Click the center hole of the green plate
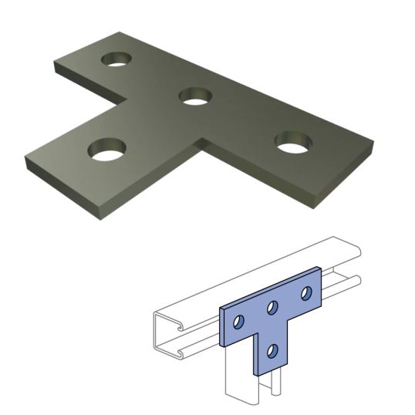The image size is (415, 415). (195, 96)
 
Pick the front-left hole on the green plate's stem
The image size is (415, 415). (108, 149)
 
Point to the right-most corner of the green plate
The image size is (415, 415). (373, 144)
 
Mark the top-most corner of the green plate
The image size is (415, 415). (122, 32)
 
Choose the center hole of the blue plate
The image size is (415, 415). (272, 309)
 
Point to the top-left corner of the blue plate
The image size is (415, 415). (221, 308)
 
